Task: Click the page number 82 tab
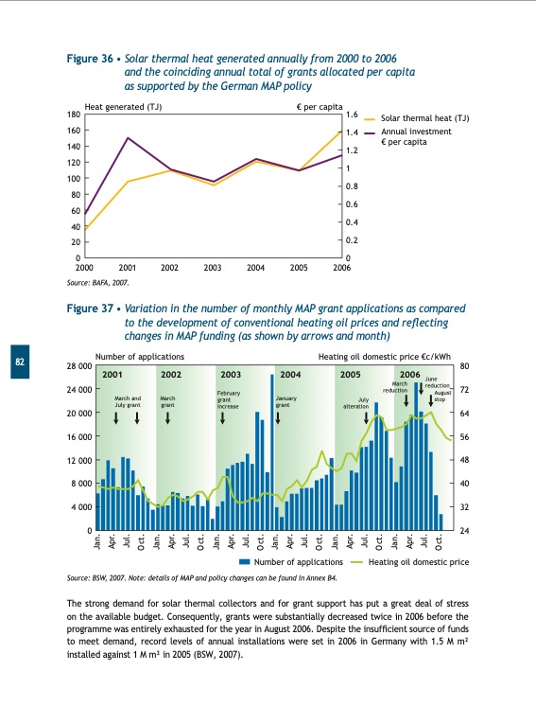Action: click(18, 362)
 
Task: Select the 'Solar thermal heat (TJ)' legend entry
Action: click(424, 119)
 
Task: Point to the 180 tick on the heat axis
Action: click(73, 115)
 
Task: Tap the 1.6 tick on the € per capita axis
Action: click(352, 115)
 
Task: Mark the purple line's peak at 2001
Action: click(128, 138)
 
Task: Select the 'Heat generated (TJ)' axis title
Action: click(123, 107)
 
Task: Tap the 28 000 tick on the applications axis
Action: click(79, 366)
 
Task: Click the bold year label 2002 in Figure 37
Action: click(171, 375)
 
